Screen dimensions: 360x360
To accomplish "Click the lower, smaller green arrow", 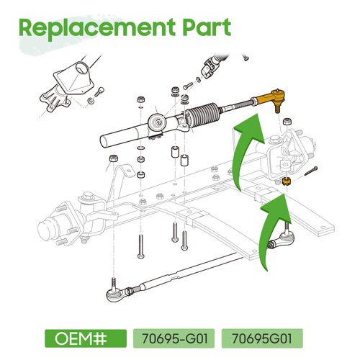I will click(277, 216).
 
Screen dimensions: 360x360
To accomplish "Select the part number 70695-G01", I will click(173, 337).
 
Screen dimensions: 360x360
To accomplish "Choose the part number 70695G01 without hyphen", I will click(261, 337).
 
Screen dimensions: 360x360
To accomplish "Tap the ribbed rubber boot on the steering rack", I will click(209, 115).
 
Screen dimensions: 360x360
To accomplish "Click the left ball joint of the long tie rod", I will click(113, 292).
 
